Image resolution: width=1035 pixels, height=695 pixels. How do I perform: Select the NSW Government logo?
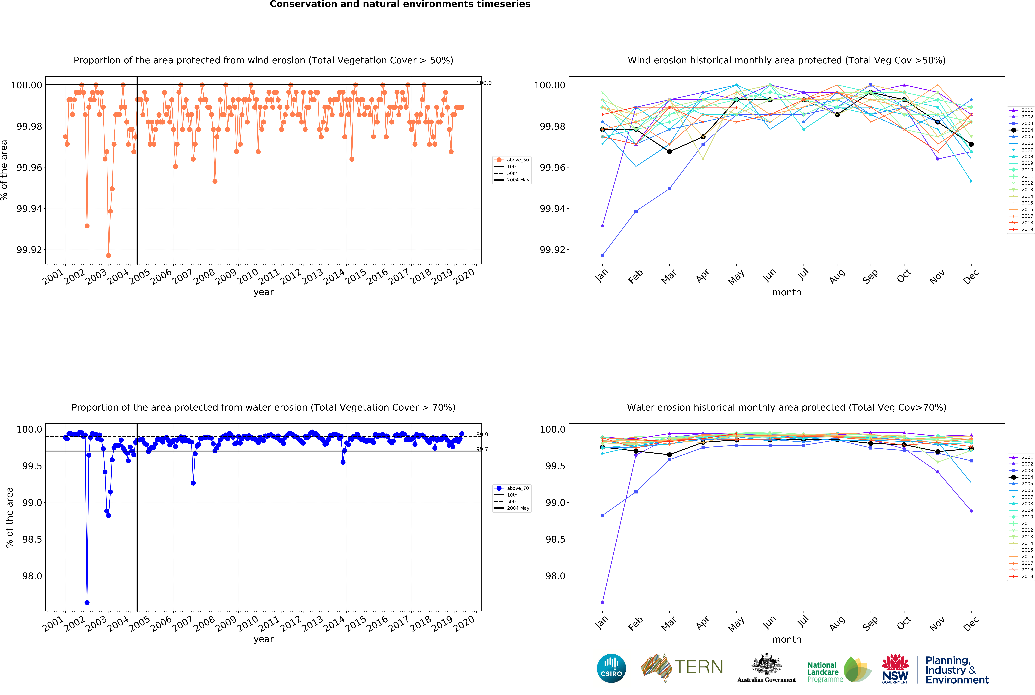pyautogui.click(x=895, y=668)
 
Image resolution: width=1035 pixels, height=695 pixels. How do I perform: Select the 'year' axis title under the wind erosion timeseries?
pyautogui.click(x=263, y=292)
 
